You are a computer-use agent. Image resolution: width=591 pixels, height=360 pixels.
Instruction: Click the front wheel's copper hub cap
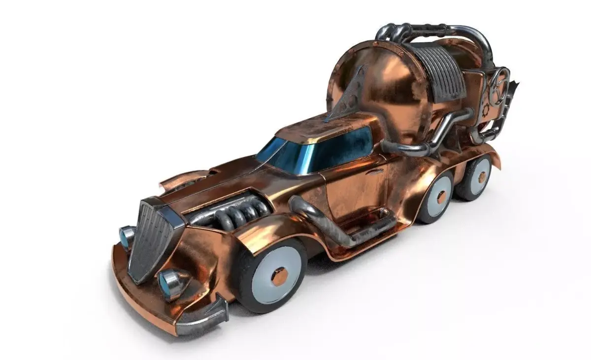279,277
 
